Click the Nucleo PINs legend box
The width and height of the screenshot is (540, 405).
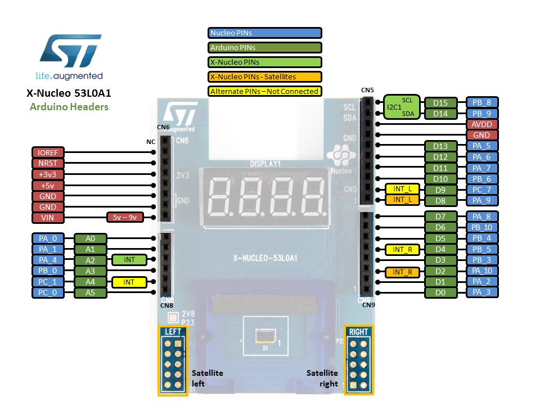(x=265, y=33)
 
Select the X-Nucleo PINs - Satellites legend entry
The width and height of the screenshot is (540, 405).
(x=265, y=77)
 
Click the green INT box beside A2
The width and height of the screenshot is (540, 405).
(x=129, y=260)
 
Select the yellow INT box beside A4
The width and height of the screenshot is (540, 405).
(x=129, y=282)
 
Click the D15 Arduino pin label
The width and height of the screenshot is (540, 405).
(x=440, y=103)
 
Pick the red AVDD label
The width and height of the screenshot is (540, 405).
(x=481, y=124)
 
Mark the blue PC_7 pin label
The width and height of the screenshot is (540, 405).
(x=481, y=189)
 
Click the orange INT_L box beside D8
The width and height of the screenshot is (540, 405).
(x=402, y=200)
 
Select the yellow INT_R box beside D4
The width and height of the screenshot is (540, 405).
(x=402, y=249)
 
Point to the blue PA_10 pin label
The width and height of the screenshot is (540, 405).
(x=481, y=271)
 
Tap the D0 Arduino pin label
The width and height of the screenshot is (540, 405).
(x=440, y=292)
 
